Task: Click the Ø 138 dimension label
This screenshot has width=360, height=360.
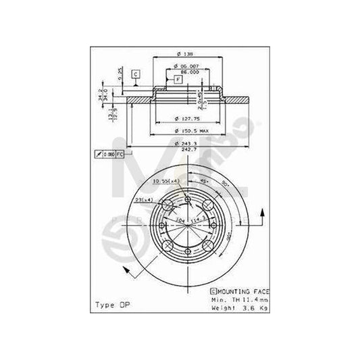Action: point(182,55)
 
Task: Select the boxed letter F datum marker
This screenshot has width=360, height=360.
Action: point(178,80)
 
